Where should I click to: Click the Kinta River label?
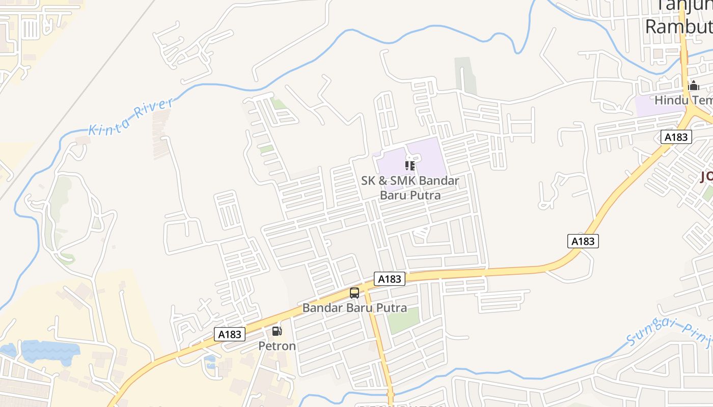click(x=131, y=117)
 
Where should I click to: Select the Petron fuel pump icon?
click(x=277, y=331)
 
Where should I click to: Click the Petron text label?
click(x=277, y=346)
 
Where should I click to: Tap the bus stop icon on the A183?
click(x=354, y=293)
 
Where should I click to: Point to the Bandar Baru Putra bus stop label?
click(x=354, y=308)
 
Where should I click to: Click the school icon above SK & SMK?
click(x=410, y=166)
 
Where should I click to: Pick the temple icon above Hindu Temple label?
click(x=694, y=85)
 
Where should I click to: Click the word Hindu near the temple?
click(x=670, y=100)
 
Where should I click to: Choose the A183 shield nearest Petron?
click(x=230, y=334)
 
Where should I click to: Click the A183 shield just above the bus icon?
click(x=390, y=279)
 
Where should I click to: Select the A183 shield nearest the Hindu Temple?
click(x=676, y=137)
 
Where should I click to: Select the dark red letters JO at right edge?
click(x=706, y=177)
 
